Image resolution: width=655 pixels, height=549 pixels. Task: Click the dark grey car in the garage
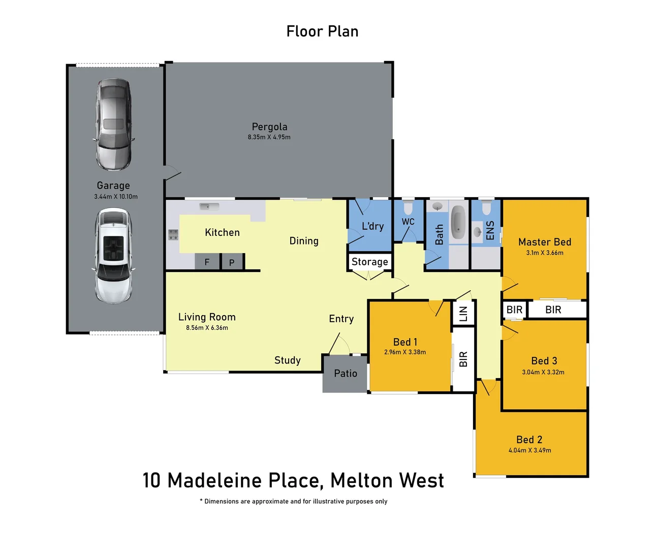(x=113, y=125)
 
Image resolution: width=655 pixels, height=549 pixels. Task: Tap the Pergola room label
(x=269, y=127)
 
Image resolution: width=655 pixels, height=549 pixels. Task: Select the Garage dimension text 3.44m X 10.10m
(x=115, y=197)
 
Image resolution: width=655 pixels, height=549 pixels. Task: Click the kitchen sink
(x=209, y=206)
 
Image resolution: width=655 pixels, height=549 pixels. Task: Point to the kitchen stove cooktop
(x=173, y=234)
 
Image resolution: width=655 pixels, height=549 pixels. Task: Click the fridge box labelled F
(x=207, y=262)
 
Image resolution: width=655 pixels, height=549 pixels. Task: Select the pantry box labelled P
(x=232, y=262)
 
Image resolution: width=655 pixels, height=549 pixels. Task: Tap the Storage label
(x=369, y=262)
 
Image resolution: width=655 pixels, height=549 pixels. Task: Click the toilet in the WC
(x=408, y=208)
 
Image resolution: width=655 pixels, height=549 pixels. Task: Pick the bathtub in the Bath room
(x=458, y=223)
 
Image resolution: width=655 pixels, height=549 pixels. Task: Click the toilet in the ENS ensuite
(x=486, y=208)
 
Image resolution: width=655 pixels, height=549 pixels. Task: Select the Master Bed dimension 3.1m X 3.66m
(x=544, y=253)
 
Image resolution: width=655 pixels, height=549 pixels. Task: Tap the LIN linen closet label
(x=463, y=314)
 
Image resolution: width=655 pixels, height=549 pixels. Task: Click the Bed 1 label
(x=405, y=342)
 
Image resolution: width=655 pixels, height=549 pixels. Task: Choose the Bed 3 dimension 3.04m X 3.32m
(x=543, y=372)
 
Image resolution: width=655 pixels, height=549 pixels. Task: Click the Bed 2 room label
(x=529, y=440)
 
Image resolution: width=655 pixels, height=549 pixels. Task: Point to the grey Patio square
(x=345, y=374)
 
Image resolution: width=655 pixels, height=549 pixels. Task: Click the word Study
(x=288, y=360)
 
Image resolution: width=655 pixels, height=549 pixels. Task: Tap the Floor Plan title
(x=322, y=32)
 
